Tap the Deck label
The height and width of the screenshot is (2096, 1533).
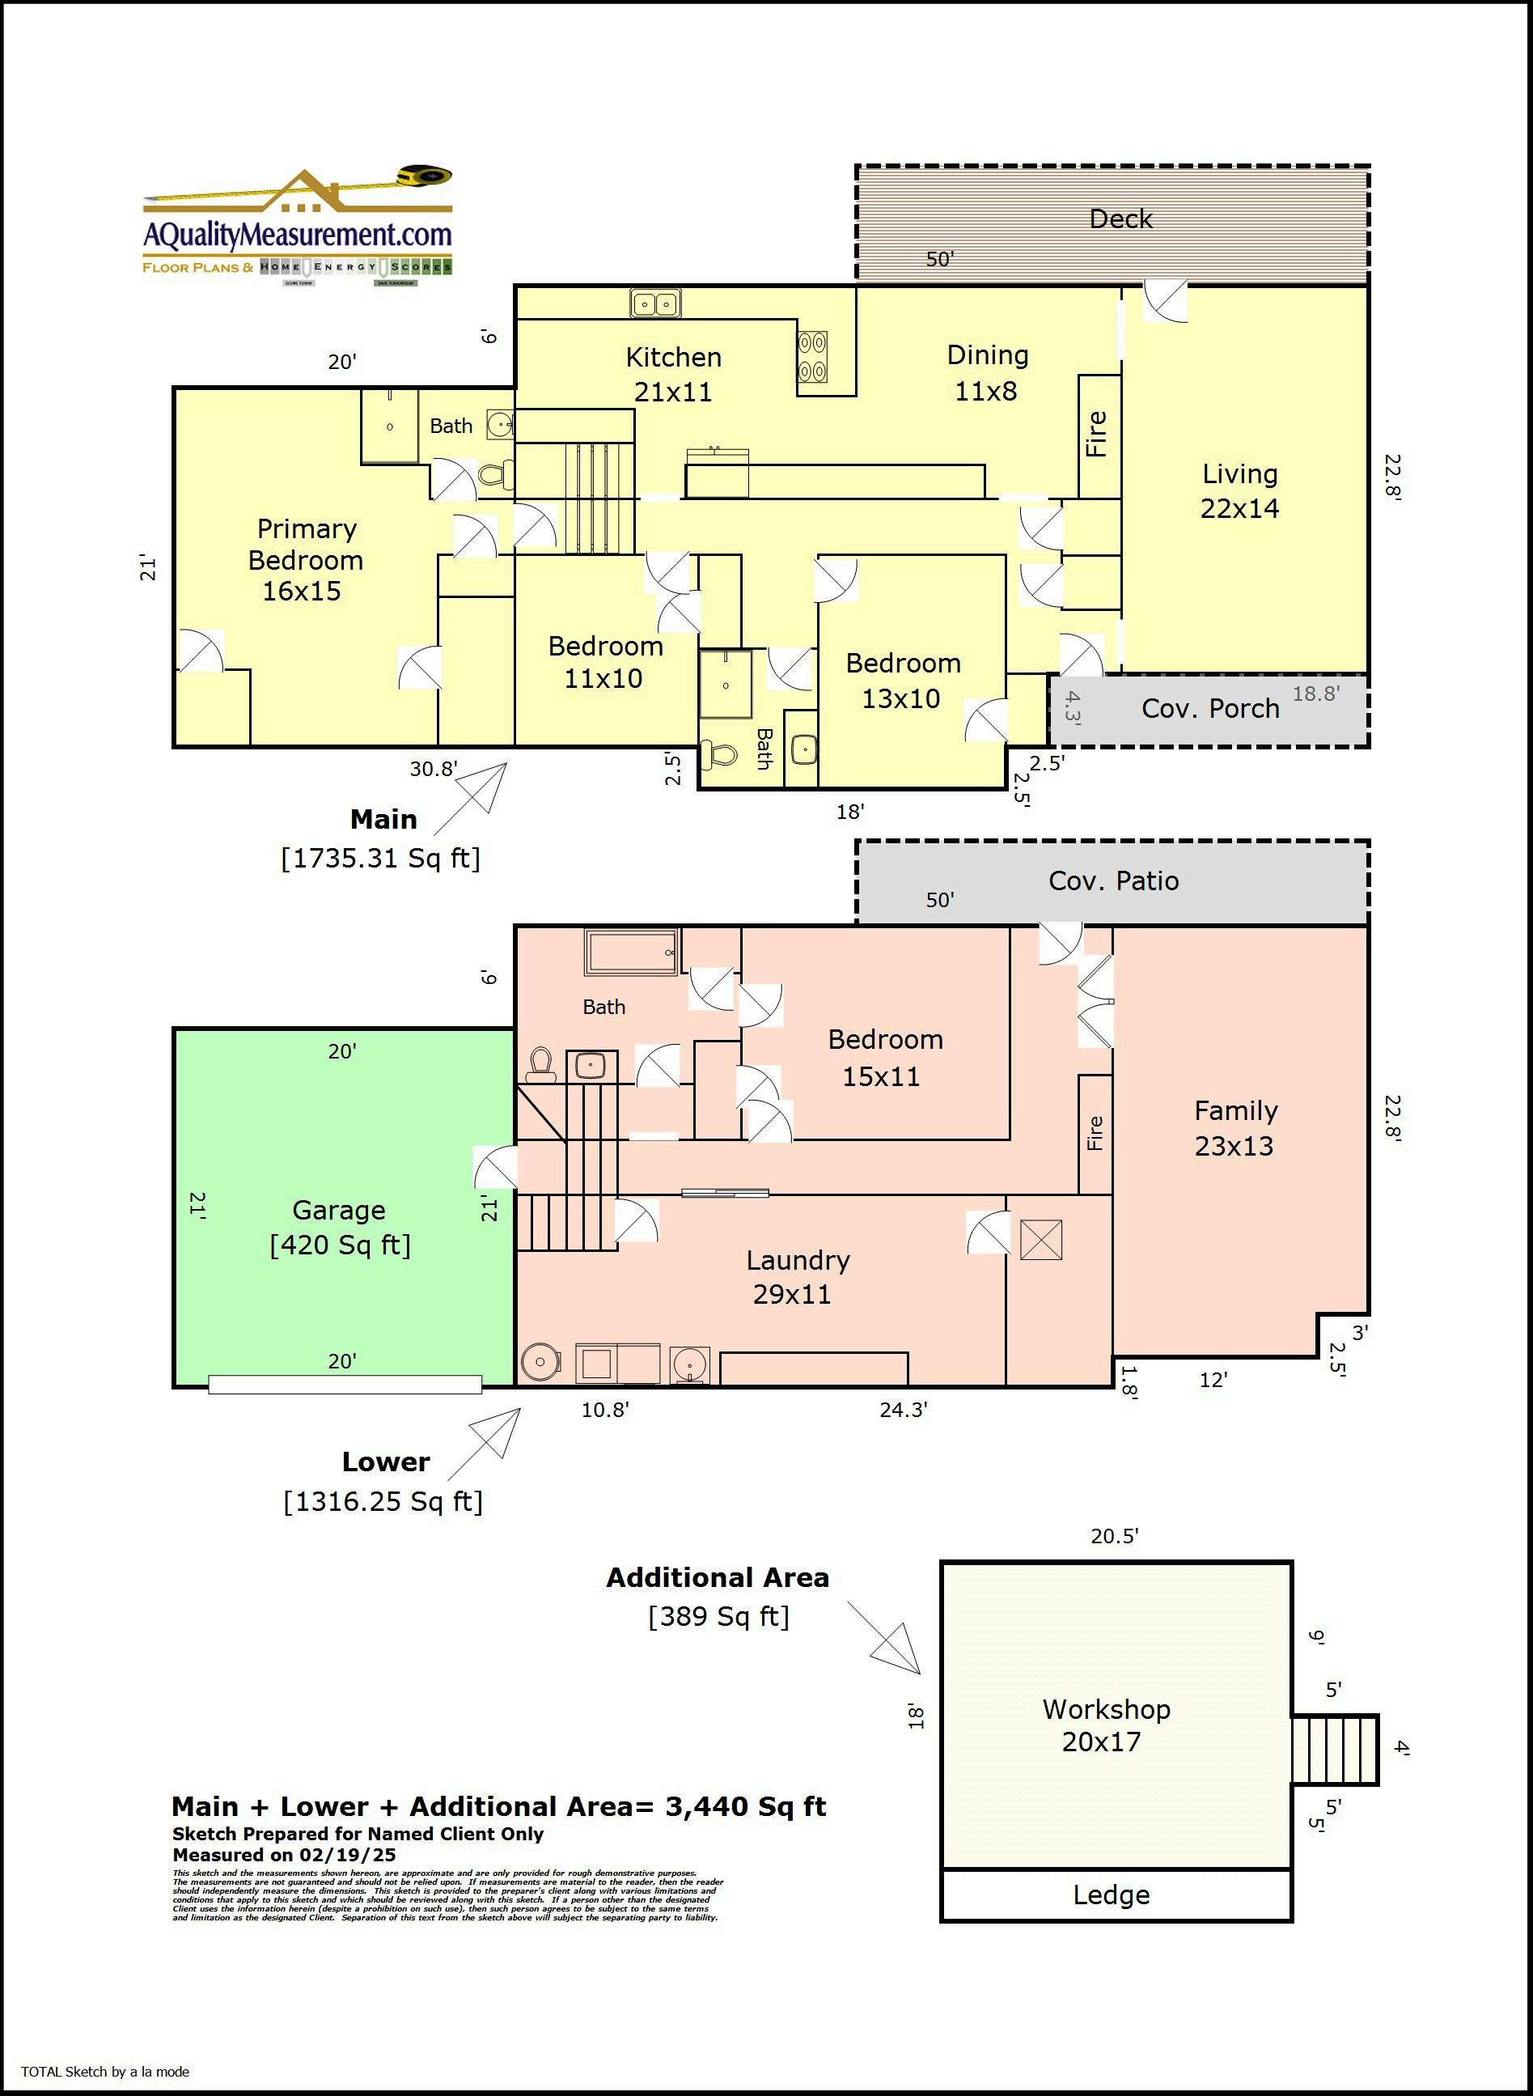point(1120,219)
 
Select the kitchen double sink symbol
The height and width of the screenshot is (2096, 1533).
point(655,303)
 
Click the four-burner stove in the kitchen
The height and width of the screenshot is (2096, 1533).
point(812,358)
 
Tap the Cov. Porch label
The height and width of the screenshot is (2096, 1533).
point(1209,708)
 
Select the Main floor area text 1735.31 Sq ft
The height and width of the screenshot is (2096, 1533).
point(380,858)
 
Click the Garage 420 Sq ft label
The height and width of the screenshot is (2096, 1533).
point(340,1227)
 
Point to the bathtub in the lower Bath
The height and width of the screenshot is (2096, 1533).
point(631,953)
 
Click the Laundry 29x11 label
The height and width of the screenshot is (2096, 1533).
point(796,1276)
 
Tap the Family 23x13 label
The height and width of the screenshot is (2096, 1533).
point(1234,1128)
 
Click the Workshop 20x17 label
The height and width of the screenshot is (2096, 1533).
point(1105,1725)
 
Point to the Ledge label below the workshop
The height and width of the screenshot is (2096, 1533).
point(1111,1894)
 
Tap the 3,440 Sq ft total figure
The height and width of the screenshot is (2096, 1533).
point(745,1806)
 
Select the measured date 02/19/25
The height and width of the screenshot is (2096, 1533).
point(347,1855)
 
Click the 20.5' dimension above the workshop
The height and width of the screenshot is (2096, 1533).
point(1114,1536)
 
